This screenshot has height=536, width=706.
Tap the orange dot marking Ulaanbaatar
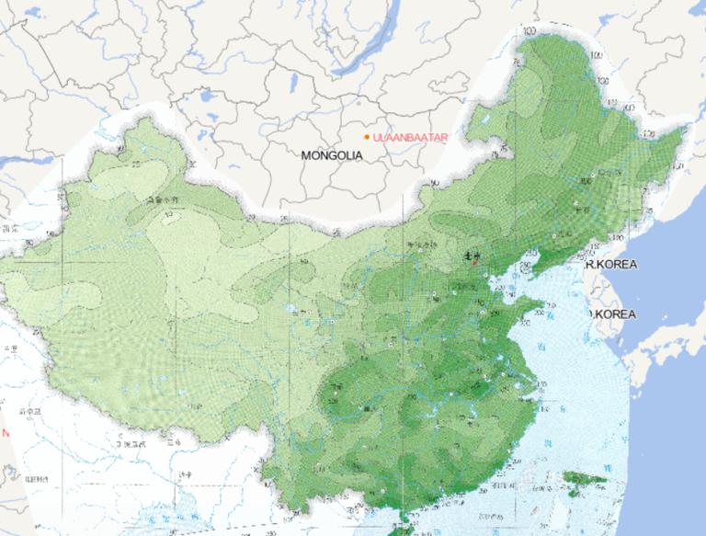click(x=367, y=138)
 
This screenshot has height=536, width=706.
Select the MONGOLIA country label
click(x=332, y=156)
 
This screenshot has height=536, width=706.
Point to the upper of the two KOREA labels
click(x=612, y=264)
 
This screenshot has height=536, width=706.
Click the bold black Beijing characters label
click(x=471, y=257)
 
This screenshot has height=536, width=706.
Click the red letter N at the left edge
click(x=5, y=432)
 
